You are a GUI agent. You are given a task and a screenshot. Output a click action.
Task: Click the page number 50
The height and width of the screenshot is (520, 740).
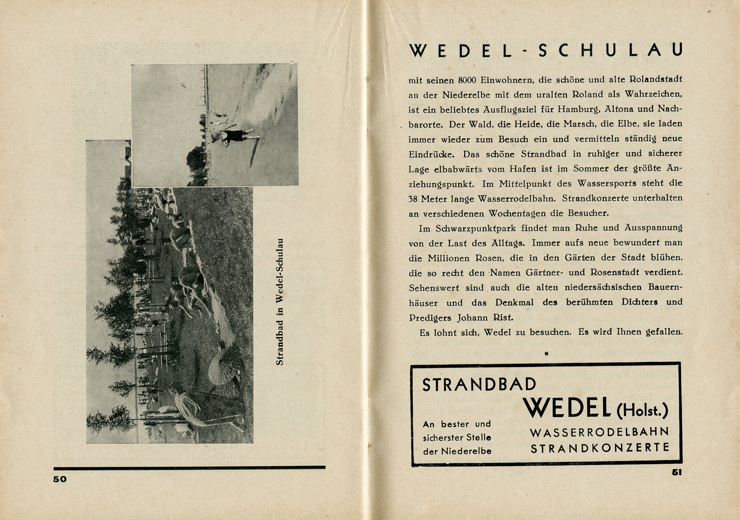pos(60,479)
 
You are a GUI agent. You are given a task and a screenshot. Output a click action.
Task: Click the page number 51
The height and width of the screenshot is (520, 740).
pos(677,472)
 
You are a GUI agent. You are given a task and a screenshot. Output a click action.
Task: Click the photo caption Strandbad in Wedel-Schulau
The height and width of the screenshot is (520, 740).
pos(279,302)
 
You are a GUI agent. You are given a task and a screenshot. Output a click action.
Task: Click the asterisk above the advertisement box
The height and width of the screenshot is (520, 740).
pos(546,354)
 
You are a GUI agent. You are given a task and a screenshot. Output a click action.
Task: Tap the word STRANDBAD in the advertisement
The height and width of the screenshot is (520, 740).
pos(479,384)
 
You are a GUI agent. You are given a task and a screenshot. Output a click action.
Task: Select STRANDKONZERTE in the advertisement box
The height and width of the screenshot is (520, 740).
pos(600,448)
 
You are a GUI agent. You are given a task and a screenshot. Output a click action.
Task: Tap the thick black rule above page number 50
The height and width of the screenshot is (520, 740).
pos(189,468)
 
